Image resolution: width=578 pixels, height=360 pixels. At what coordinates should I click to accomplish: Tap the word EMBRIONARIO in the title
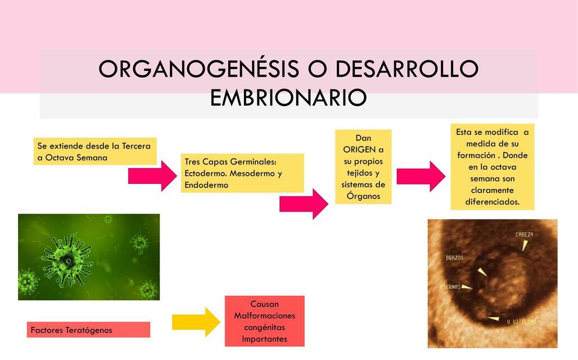pos(288,97)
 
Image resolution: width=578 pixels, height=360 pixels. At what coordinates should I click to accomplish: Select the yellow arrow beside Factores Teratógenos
pos(196,322)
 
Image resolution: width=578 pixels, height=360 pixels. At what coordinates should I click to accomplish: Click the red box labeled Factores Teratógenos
pos(88,330)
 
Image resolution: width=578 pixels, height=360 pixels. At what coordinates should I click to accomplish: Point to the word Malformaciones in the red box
pos(264,316)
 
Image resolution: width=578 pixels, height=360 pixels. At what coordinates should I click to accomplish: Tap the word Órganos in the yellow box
pos(363,196)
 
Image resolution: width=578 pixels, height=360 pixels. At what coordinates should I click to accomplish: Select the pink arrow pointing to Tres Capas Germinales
pos(152,175)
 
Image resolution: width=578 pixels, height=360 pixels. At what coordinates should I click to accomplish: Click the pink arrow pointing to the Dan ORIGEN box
pos(304,204)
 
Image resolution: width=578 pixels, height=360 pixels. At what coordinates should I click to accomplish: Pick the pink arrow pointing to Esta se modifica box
pos(421,176)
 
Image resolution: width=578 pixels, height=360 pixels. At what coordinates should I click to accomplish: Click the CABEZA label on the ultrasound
pos(524,235)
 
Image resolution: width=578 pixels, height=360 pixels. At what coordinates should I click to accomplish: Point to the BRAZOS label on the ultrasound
pos(454,258)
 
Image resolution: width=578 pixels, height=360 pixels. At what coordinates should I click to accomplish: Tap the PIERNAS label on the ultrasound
pos(450,287)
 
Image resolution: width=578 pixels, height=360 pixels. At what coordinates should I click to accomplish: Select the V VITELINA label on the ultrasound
pos(521,321)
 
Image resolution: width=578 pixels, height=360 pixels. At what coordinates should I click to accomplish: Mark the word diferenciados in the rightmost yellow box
pos(492,201)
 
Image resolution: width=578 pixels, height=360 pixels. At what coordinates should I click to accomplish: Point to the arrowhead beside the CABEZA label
pos(525,245)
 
